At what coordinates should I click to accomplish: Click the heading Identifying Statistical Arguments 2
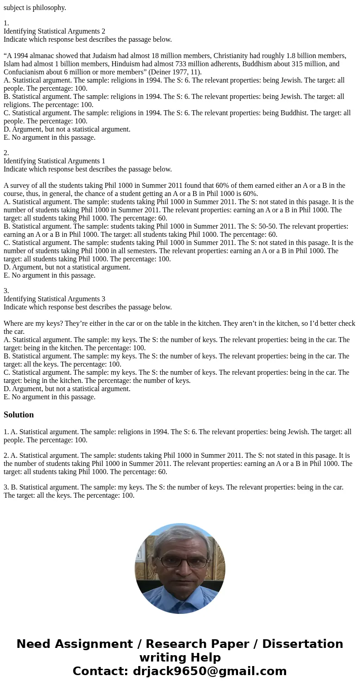tap(54, 31)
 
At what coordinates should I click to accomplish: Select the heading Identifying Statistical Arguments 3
tap(54, 299)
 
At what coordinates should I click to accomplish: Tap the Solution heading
tap(19, 415)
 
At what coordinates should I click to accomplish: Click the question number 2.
tap(6, 153)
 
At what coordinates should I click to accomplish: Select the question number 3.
tap(6, 291)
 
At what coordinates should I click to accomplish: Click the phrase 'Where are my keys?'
tap(31, 323)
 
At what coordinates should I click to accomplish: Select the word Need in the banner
tap(36, 644)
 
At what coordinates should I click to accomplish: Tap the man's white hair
tap(180, 537)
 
